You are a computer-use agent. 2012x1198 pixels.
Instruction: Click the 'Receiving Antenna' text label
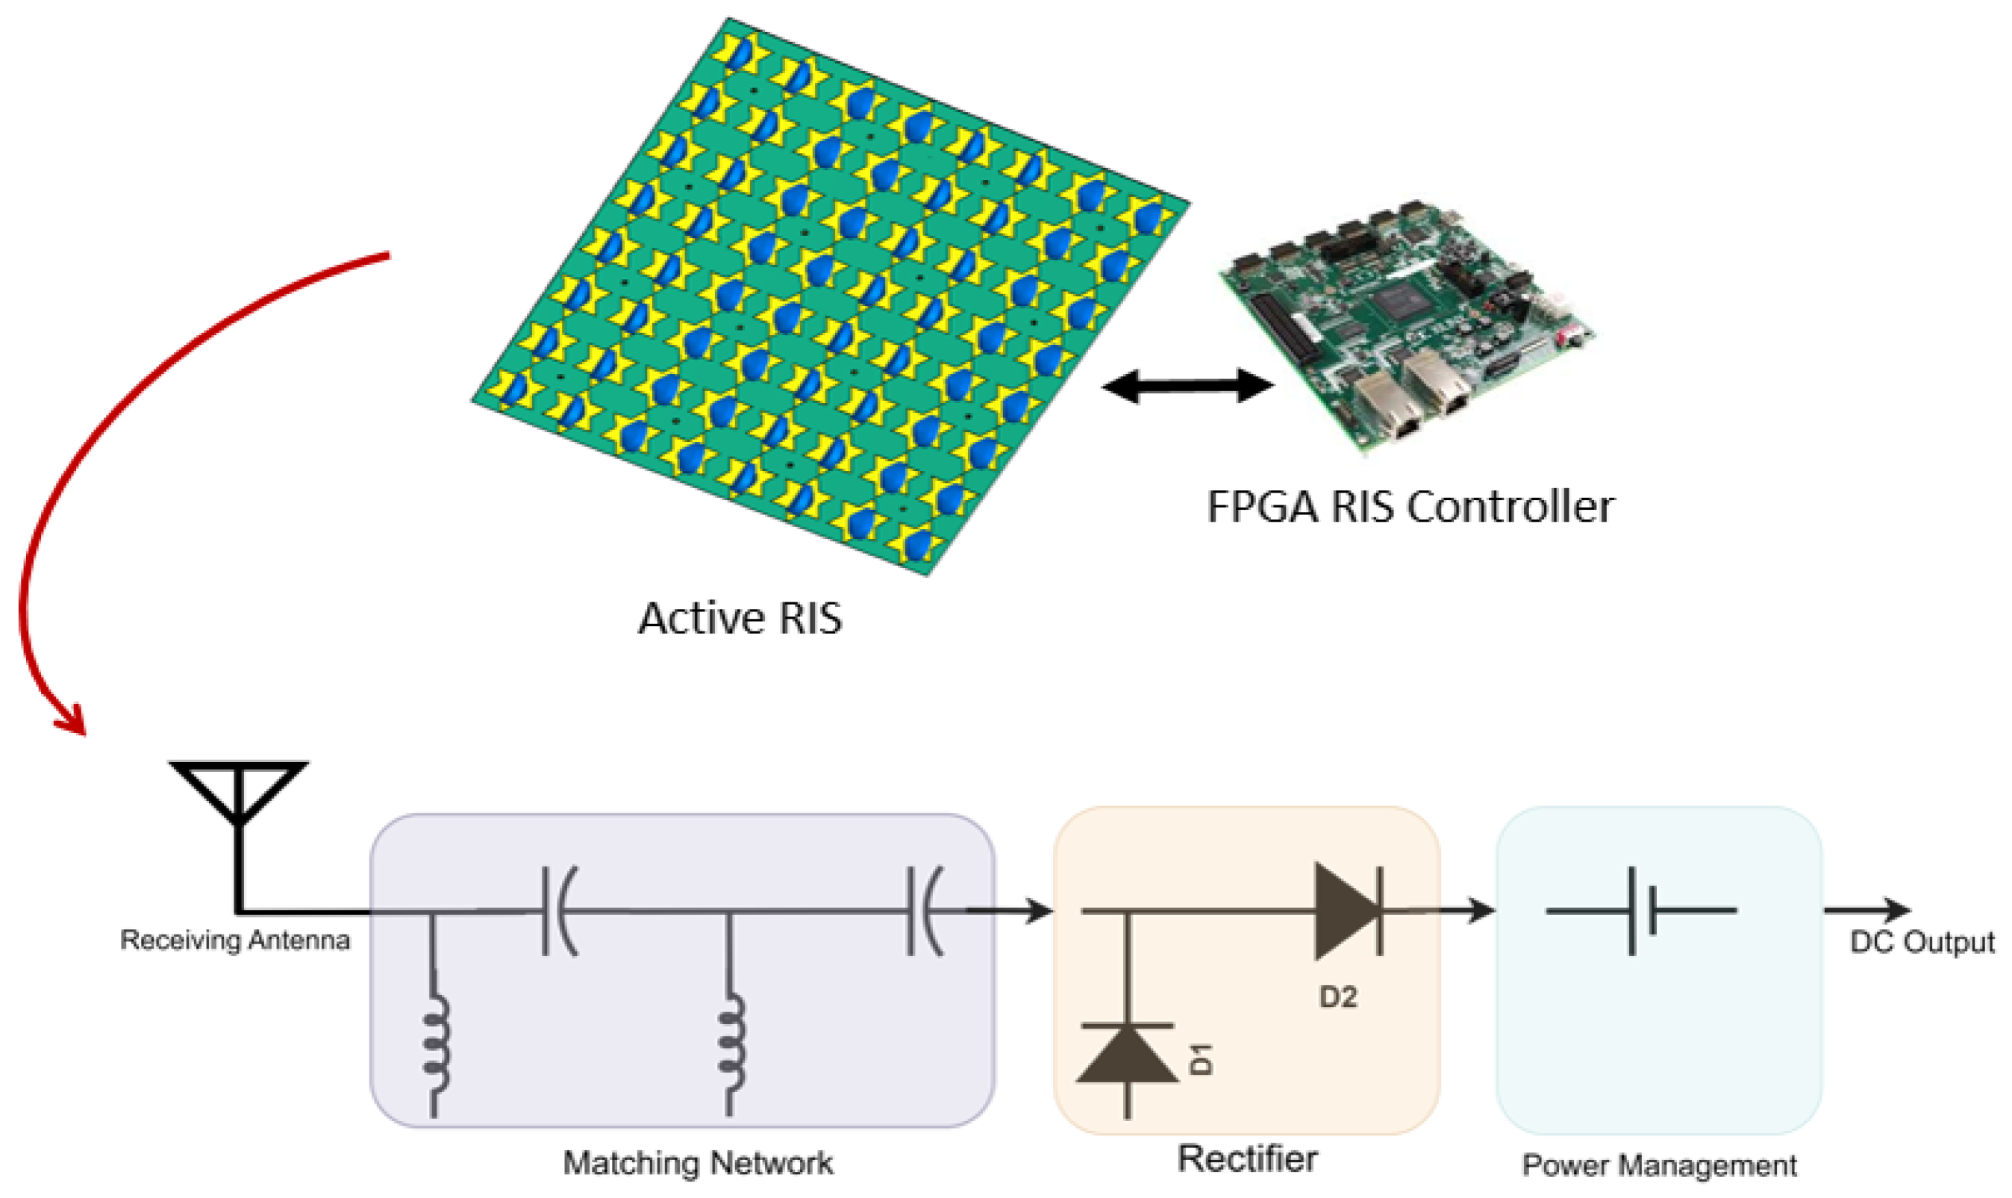(235, 940)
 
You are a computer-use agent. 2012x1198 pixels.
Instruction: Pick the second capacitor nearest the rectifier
(924, 911)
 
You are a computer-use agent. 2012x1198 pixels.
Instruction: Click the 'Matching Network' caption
(698, 1163)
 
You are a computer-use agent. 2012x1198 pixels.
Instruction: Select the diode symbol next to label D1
(1127, 1054)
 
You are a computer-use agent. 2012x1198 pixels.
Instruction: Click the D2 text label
(1338, 998)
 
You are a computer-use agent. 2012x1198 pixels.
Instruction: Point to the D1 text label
(1202, 1058)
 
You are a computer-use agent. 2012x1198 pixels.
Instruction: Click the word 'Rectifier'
(1247, 1158)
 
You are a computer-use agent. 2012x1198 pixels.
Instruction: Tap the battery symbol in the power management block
(1641, 911)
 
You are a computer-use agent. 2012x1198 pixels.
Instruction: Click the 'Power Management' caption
(1659, 1166)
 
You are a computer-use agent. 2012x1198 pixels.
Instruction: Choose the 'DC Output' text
(1922, 942)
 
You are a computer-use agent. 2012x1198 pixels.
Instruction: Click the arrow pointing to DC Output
(1866, 911)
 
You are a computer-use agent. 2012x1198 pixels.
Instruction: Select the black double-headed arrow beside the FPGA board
(1187, 386)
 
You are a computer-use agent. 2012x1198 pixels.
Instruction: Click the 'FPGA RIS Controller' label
(1410, 507)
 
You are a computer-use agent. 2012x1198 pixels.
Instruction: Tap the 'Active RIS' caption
(740, 618)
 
